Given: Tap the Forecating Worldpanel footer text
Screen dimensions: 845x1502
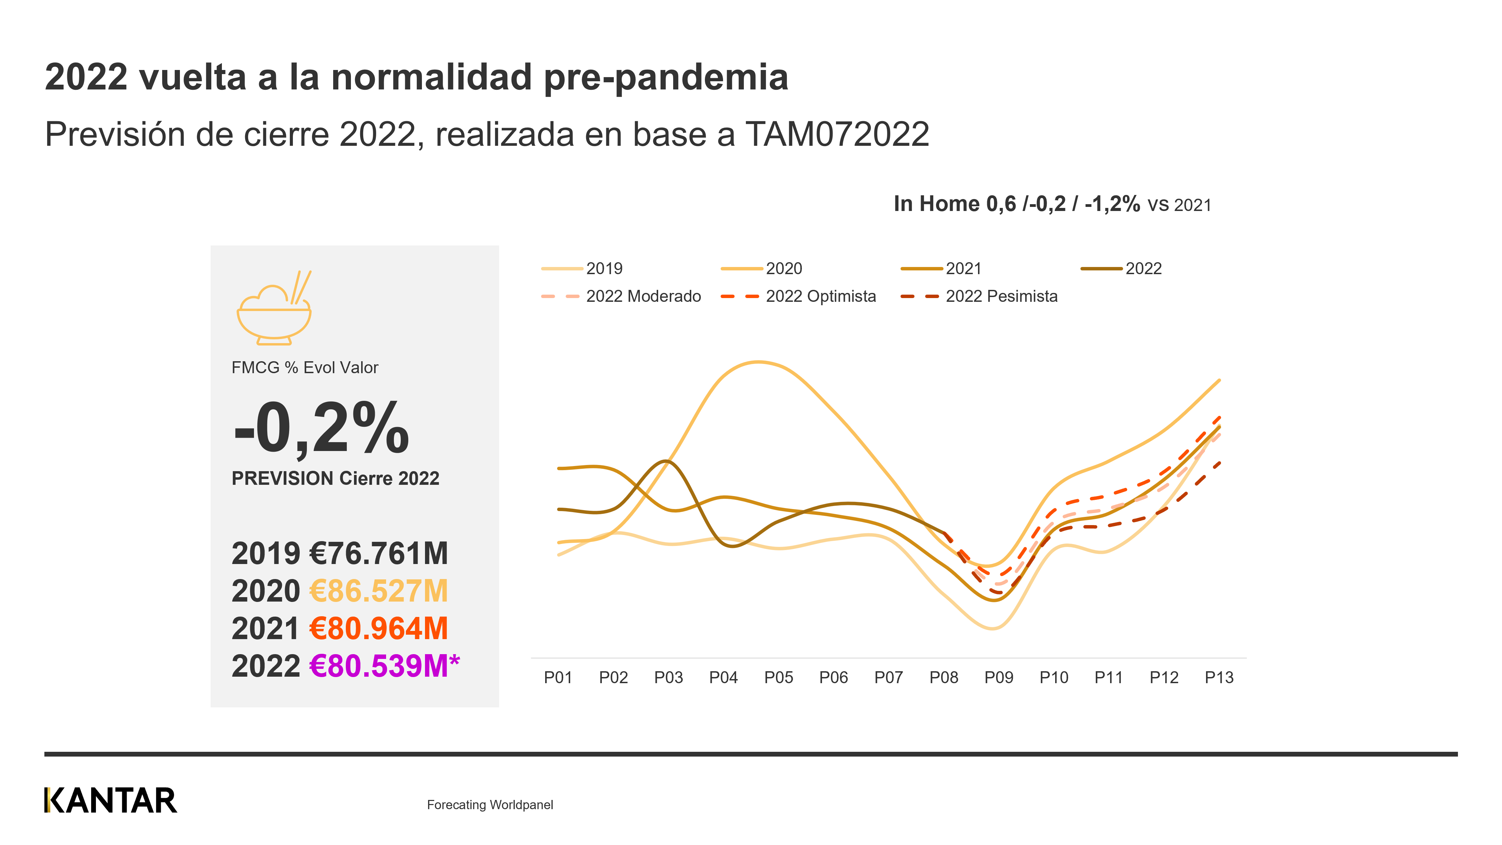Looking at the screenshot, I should point(490,805).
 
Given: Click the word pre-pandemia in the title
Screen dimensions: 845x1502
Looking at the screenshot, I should point(666,78).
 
